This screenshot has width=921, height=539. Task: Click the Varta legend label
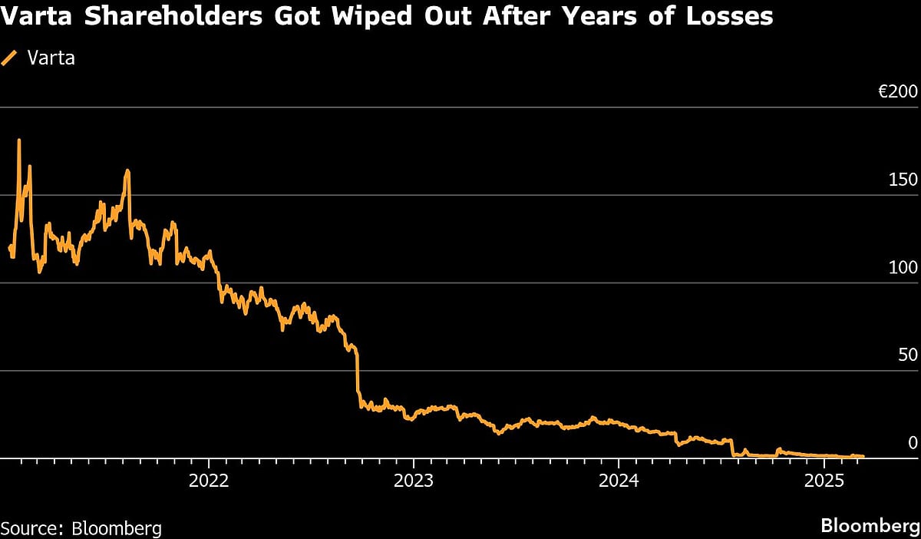click(51, 58)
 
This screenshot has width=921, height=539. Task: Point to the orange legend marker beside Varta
click(11, 58)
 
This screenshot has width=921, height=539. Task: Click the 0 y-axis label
click(913, 443)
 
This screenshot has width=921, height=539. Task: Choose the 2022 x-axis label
click(209, 481)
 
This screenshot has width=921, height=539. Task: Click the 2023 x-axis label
click(414, 481)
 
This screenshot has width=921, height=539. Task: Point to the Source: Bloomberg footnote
click(81, 528)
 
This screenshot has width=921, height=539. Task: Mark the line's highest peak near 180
click(18, 141)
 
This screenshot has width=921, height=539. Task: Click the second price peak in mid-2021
click(127, 171)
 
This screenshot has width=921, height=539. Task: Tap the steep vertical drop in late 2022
click(358, 376)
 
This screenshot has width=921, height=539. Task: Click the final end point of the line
click(863, 456)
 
